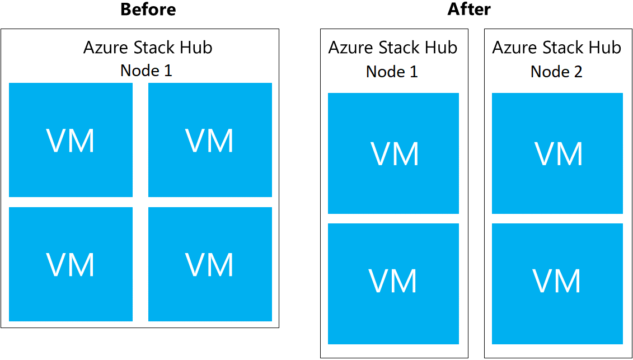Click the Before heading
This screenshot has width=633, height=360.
point(148,10)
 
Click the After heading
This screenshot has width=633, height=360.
point(469,10)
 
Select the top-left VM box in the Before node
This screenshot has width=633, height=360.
point(71,140)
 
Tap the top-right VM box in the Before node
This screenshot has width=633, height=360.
point(210,140)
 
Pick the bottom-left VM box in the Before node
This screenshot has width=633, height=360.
point(71,264)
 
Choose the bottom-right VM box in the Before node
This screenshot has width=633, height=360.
point(210,264)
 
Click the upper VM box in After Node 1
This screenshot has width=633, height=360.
point(393,153)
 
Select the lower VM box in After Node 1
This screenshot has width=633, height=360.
point(393,284)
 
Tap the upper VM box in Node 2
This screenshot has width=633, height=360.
point(557,153)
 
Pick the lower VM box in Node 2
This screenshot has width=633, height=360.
point(557,284)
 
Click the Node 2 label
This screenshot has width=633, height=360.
point(556,72)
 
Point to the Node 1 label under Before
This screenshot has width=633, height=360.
point(146,71)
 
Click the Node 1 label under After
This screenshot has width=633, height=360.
point(392,72)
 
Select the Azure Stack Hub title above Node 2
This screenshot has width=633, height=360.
point(556,48)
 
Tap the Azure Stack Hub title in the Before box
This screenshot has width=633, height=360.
point(148,48)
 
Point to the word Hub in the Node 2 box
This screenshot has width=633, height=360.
point(607,48)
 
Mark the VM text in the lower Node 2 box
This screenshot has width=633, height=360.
point(557,281)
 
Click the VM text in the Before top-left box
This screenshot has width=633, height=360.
point(71,141)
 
